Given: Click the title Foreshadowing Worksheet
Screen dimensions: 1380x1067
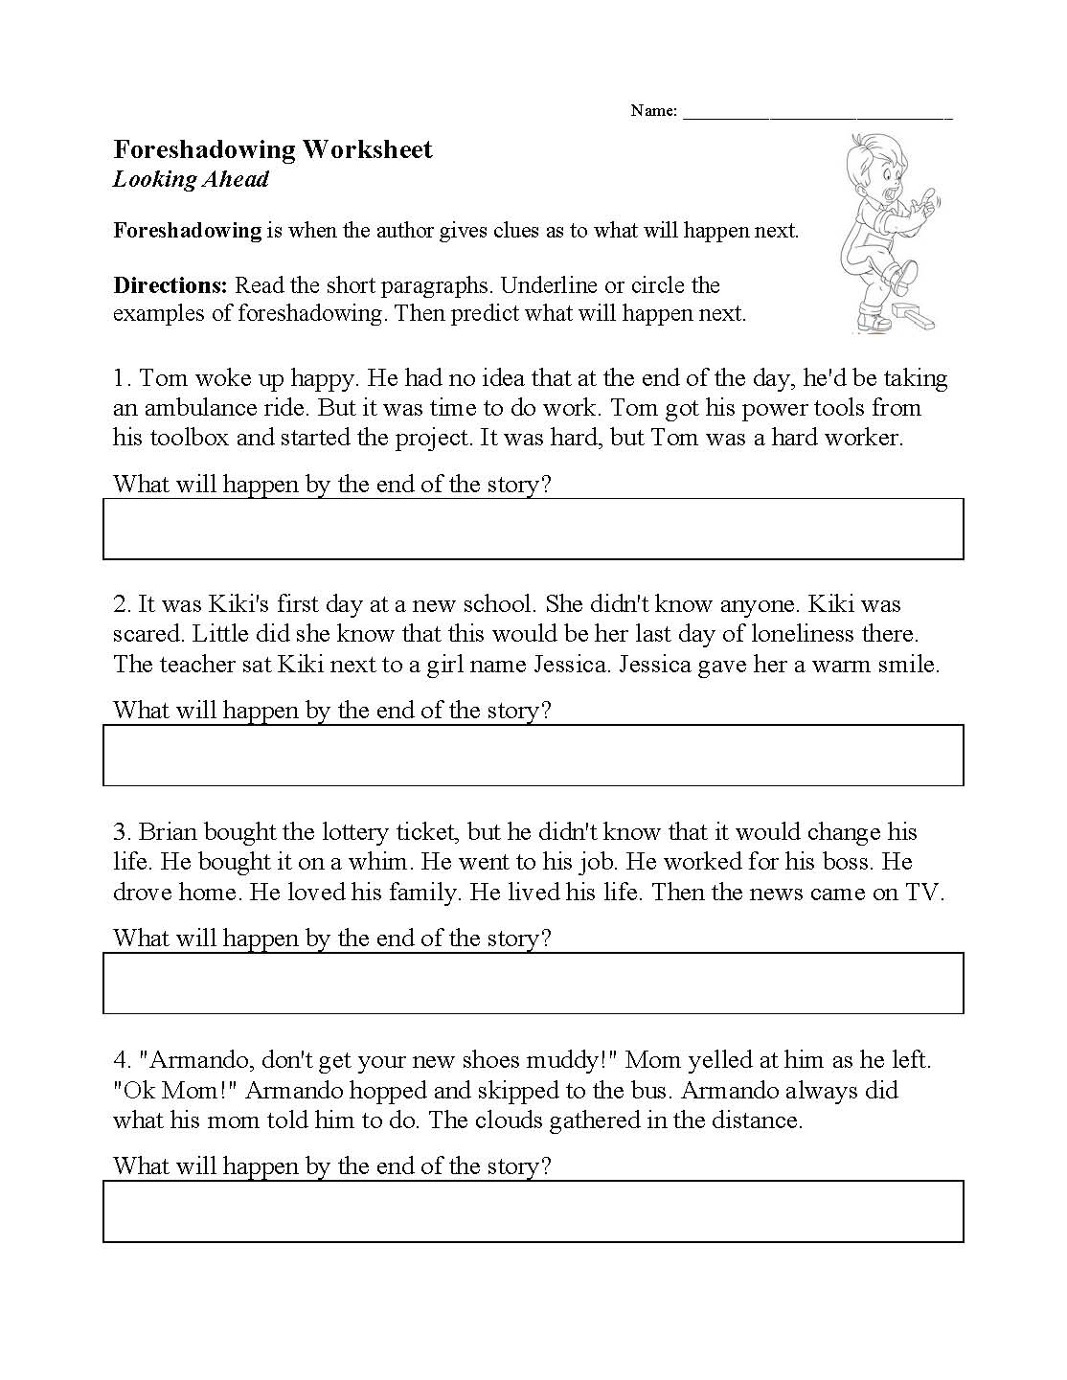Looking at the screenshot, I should coord(273,149).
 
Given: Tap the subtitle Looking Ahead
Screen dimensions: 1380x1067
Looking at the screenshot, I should coord(191,179).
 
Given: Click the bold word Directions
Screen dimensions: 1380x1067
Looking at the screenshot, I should coord(170,285).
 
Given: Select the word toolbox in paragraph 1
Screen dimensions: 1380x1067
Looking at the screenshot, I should coord(187,438).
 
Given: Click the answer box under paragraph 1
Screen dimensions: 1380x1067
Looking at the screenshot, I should coord(533,529).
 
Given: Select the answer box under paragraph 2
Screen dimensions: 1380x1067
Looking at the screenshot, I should coord(533,756).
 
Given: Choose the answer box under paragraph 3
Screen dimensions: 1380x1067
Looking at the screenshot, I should coord(533,984).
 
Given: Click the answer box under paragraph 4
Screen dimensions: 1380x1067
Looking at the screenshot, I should coord(533,1211).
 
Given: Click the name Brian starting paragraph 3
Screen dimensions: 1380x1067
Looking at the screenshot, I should coord(168,831).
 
